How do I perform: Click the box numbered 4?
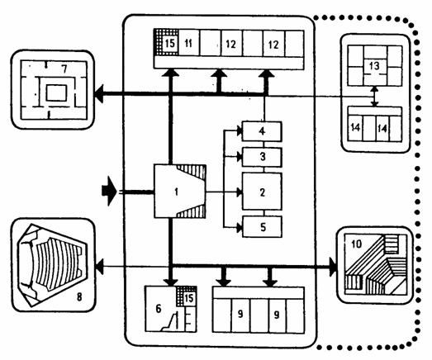[262, 131]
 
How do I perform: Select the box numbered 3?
[262, 157]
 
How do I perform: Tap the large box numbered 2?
[262, 192]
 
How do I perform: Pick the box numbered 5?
[262, 227]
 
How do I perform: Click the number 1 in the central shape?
[176, 192]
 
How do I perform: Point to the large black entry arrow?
[109, 191]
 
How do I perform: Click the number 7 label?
[64, 69]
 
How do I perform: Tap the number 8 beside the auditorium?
[79, 297]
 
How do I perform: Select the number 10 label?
[357, 244]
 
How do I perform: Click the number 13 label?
[374, 66]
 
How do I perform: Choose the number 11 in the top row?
[188, 43]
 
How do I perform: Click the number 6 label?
[159, 309]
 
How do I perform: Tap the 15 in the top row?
[169, 43]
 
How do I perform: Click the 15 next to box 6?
[189, 298]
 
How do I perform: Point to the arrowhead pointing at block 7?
[98, 93]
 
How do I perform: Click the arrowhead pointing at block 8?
[99, 267]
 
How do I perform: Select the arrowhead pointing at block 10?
[334, 267]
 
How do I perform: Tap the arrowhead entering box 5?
[240, 228]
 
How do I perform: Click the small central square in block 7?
[56, 92]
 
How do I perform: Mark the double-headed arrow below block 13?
[374, 97]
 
